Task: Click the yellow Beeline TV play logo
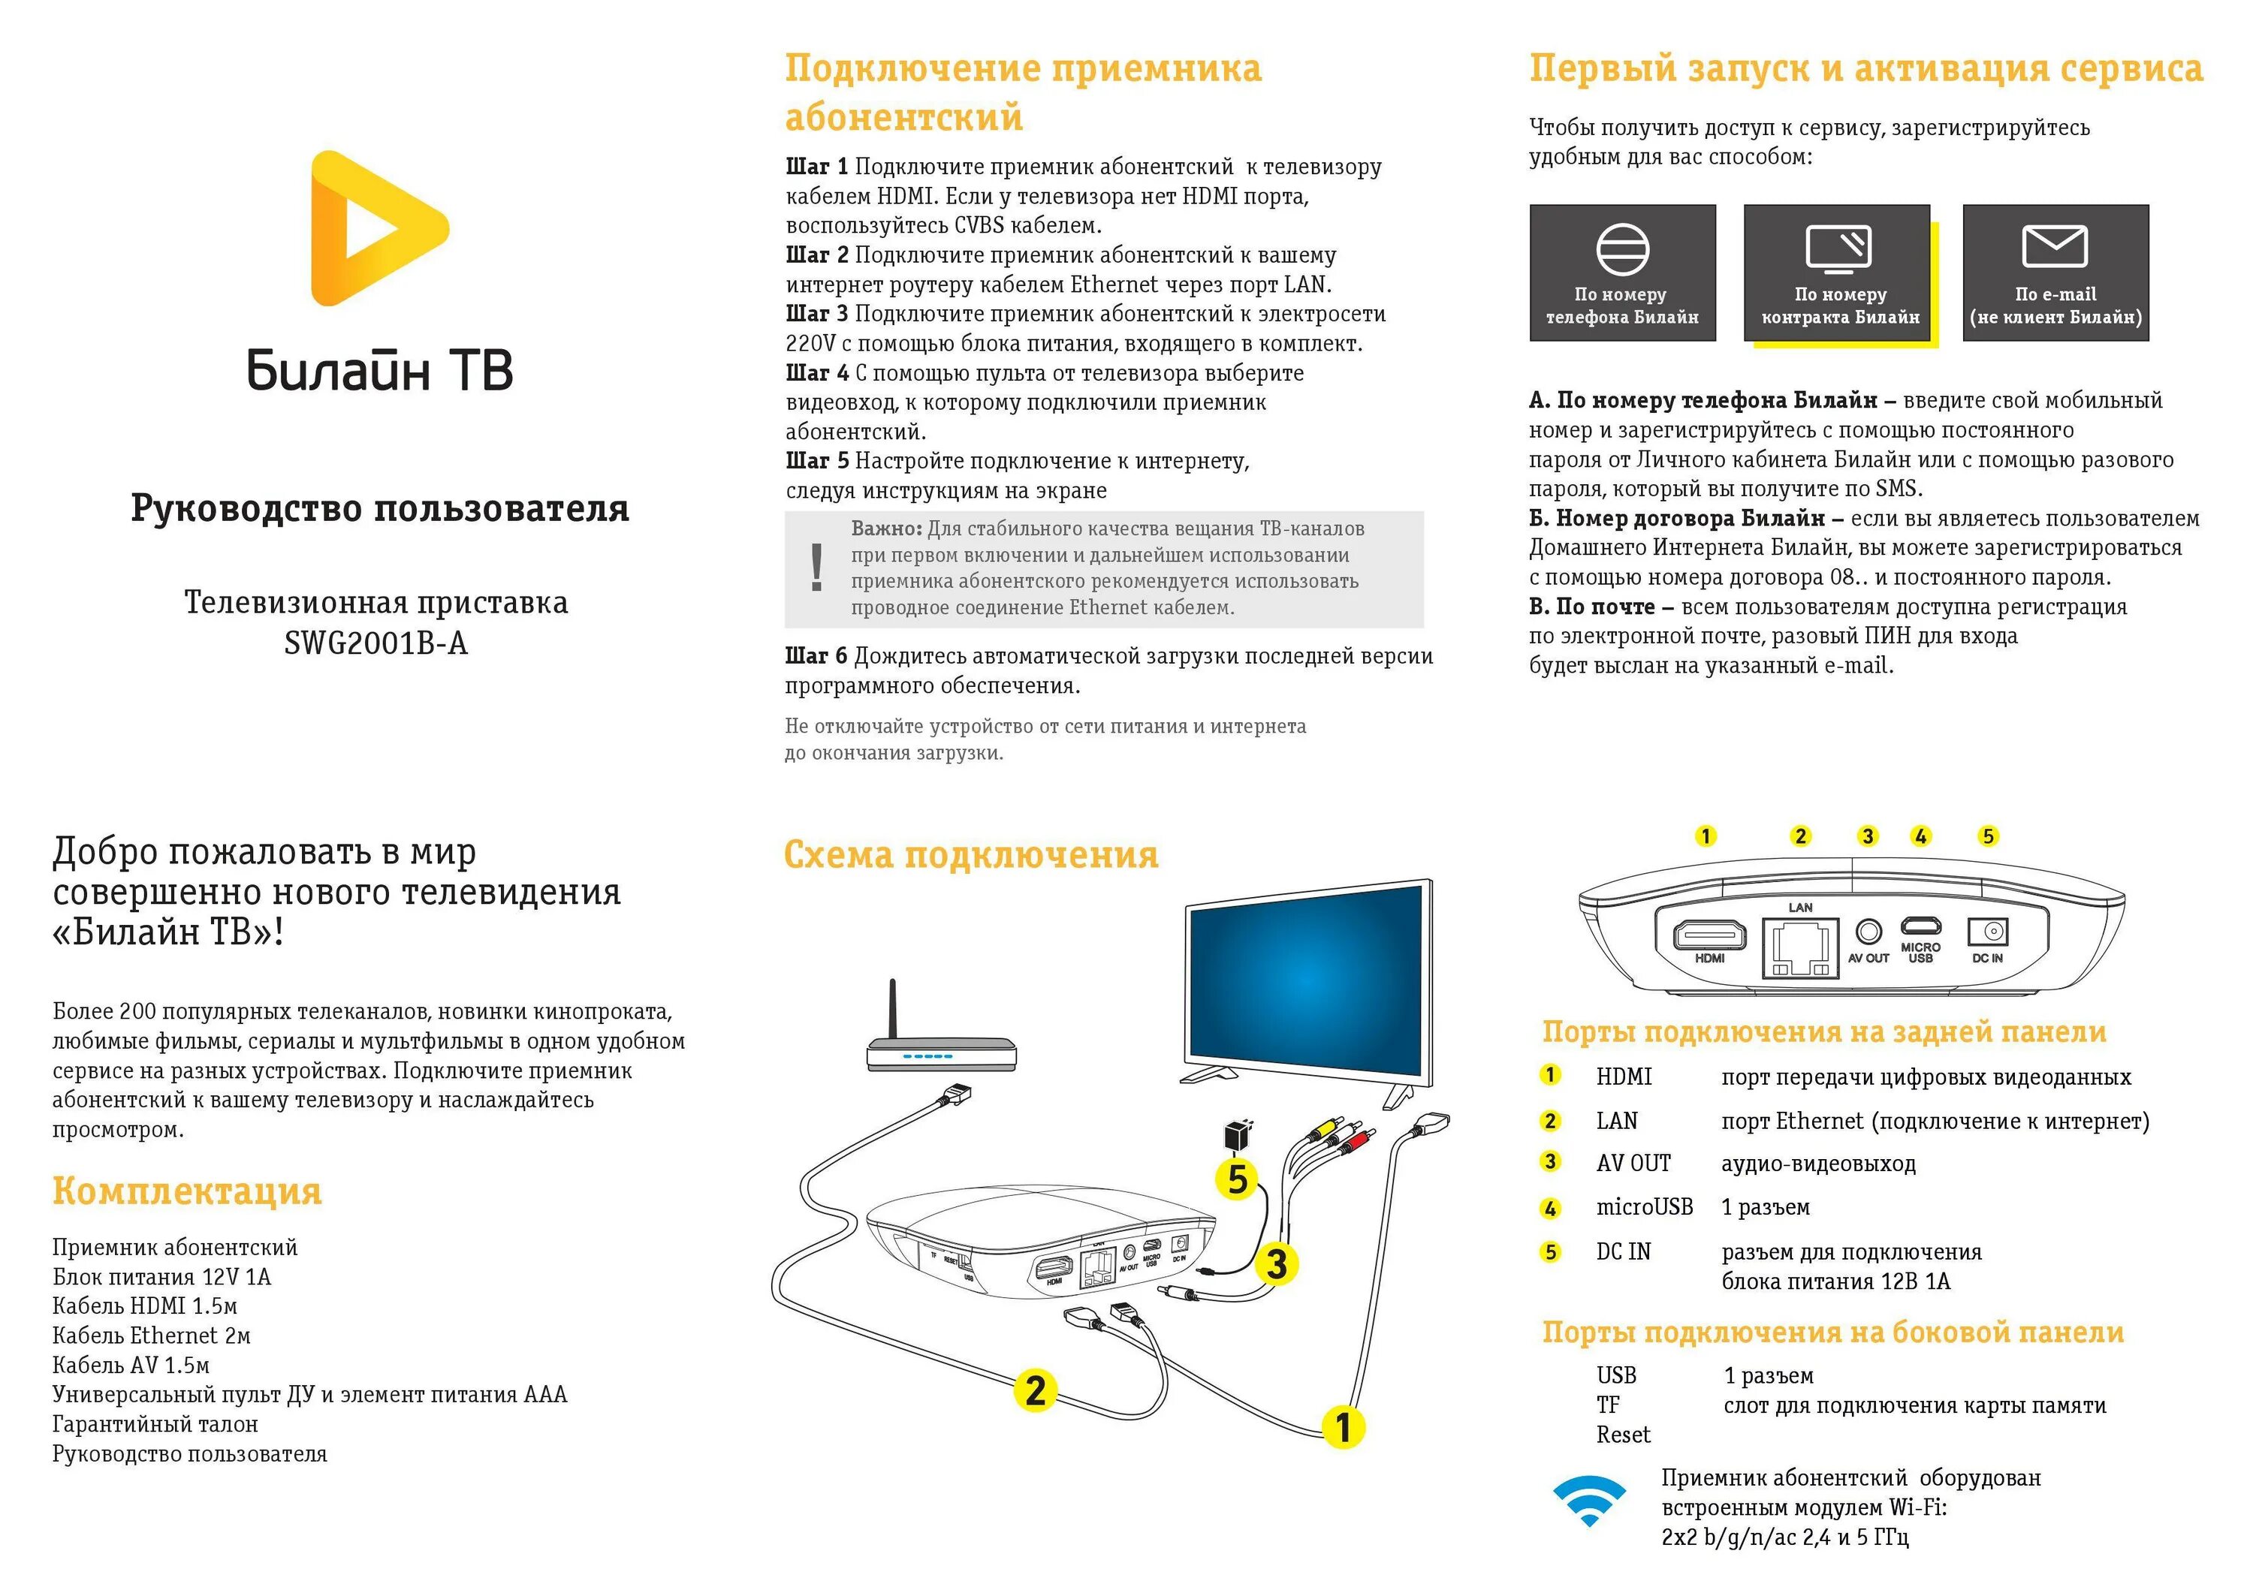(x=379, y=228)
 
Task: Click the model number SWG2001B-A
(x=375, y=643)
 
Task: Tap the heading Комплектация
(x=187, y=1191)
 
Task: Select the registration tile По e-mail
(x=2055, y=273)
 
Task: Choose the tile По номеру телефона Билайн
(x=1622, y=273)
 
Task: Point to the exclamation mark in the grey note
(x=816, y=568)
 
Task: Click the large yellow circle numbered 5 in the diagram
(x=1238, y=1179)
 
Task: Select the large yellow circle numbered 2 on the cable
(x=1035, y=1390)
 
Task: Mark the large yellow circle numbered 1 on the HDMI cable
(x=1344, y=1427)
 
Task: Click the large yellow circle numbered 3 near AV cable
(x=1277, y=1264)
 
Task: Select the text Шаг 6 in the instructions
(x=816, y=656)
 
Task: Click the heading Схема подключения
(x=970, y=855)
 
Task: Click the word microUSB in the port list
(x=1643, y=1208)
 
